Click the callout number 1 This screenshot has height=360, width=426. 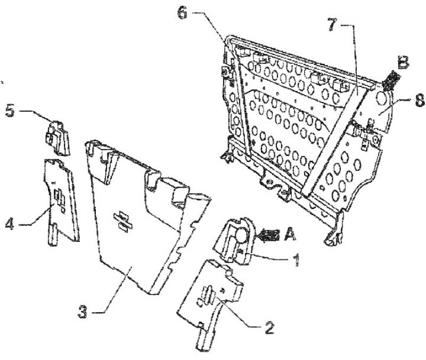point(297,260)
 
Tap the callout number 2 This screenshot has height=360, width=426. point(268,328)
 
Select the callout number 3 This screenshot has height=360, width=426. point(83,312)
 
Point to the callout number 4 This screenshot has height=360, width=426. point(10,224)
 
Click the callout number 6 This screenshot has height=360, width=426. point(183,13)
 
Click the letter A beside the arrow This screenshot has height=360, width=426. point(290,235)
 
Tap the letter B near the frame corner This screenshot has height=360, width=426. point(403,63)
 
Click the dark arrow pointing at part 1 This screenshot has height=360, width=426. point(269,235)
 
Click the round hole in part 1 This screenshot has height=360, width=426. point(241,235)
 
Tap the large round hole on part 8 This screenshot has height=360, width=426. point(382,99)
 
